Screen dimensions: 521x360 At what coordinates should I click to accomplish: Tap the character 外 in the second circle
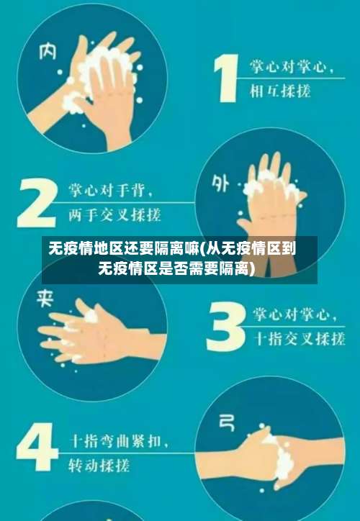point(220,184)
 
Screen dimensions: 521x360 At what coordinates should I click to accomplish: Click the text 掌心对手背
point(110,191)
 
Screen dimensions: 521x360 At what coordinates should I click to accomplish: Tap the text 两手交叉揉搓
point(114,215)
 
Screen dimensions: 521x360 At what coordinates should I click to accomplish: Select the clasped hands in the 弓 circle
point(274,450)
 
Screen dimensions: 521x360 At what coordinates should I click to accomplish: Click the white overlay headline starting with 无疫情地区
point(179,259)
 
